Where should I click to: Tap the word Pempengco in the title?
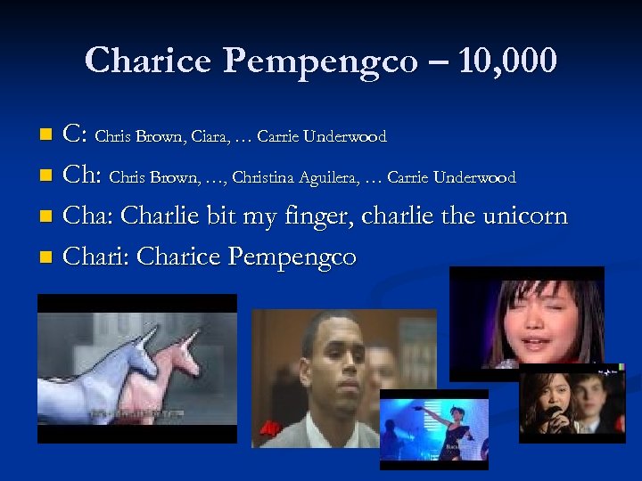pyautogui.click(x=320, y=62)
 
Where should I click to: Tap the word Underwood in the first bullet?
pyautogui.click(x=345, y=137)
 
